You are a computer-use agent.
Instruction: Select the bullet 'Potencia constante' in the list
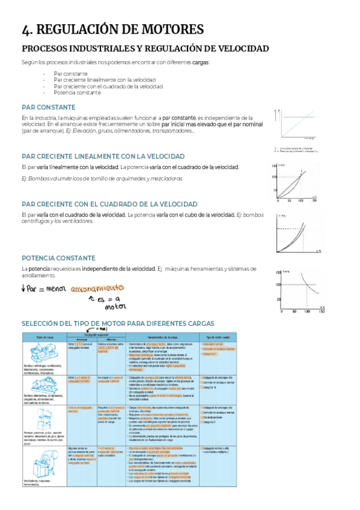[76, 93]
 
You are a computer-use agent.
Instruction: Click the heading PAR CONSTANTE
[48, 107]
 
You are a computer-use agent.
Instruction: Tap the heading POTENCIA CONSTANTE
[58, 257]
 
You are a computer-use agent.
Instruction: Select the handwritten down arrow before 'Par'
[23, 289]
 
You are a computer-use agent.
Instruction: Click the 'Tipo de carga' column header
[45, 337]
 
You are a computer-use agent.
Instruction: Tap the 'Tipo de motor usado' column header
[218, 337]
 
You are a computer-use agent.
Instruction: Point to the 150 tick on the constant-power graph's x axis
[322, 312]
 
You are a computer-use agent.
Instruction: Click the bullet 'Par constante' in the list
[70, 73]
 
